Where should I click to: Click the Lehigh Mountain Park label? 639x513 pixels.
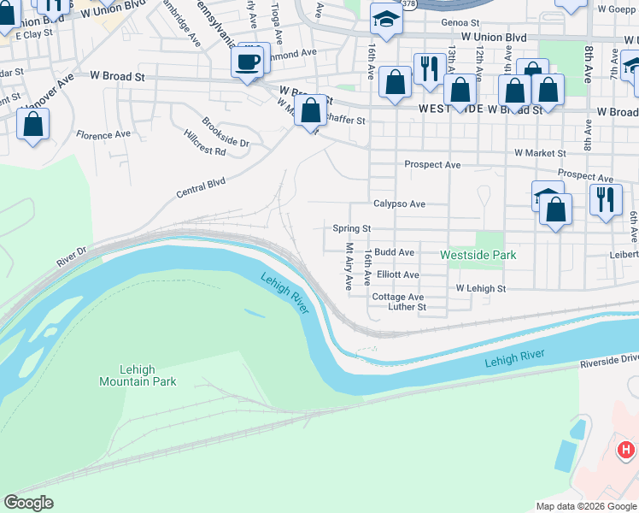point(138,375)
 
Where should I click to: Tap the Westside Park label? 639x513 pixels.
point(478,255)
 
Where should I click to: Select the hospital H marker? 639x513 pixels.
point(626,449)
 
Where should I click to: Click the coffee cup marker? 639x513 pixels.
point(248,62)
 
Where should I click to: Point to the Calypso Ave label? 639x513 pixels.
point(399,204)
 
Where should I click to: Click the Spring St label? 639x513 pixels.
point(351,229)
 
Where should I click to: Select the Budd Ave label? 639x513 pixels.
point(394,252)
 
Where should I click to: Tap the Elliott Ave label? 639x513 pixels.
point(398,275)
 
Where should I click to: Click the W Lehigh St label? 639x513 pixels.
point(481,289)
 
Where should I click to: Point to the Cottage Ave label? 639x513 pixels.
point(398,297)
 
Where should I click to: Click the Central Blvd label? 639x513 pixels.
point(200,187)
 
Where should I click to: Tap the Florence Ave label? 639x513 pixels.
point(103,135)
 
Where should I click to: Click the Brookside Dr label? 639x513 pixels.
point(226,133)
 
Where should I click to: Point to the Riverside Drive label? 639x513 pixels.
point(609,363)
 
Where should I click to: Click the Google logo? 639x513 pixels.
point(29,503)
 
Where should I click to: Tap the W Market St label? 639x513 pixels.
point(540,153)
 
